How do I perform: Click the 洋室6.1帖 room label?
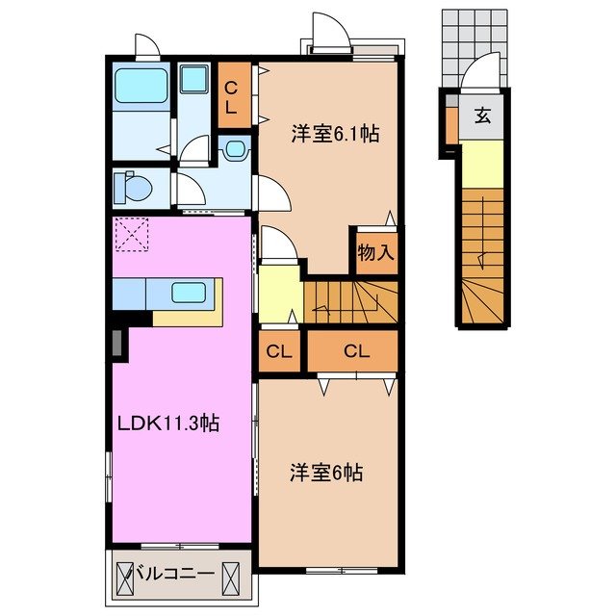(x=335, y=136)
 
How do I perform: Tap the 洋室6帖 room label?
(x=327, y=474)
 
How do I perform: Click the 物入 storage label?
(x=375, y=253)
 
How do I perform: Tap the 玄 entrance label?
(x=481, y=118)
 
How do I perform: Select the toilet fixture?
(x=131, y=187)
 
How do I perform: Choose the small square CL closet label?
(x=279, y=351)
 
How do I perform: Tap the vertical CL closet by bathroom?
(x=232, y=97)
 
